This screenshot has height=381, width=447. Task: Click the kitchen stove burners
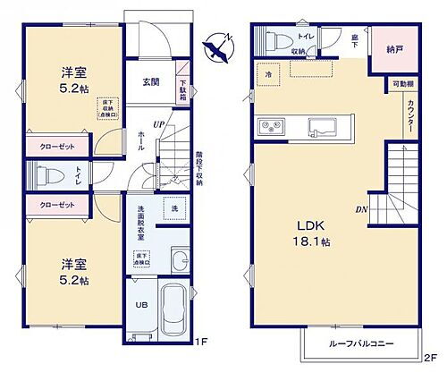click(x=268, y=126)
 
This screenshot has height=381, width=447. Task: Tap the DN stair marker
click(x=363, y=210)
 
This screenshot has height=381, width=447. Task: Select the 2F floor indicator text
click(x=430, y=358)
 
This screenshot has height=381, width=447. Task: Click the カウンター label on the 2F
click(x=410, y=117)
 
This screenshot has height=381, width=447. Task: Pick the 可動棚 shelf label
click(x=401, y=84)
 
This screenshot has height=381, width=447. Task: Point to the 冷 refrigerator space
click(x=268, y=72)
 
